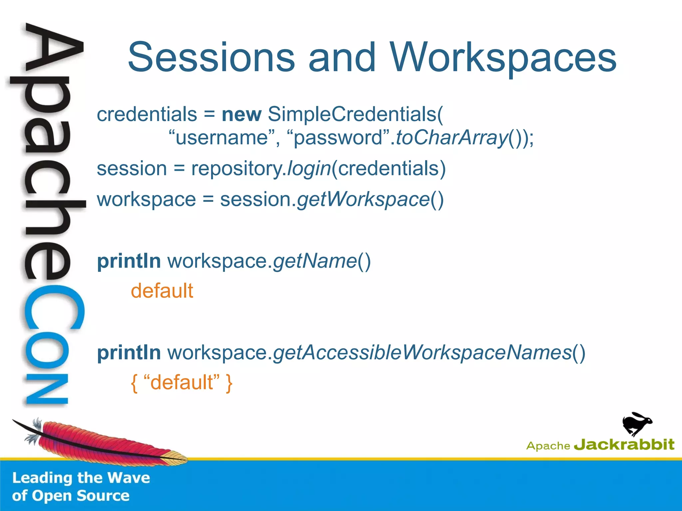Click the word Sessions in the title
[211, 57]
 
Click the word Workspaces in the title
[503, 57]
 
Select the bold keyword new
[241, 115]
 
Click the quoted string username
[221, 138]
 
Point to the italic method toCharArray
[451, 138]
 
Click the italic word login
[309, 169]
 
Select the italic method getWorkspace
[363, 200]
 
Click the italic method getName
[315, 261]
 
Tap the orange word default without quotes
[162, 291]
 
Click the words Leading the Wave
[81, 478]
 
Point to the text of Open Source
[71, 496]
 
